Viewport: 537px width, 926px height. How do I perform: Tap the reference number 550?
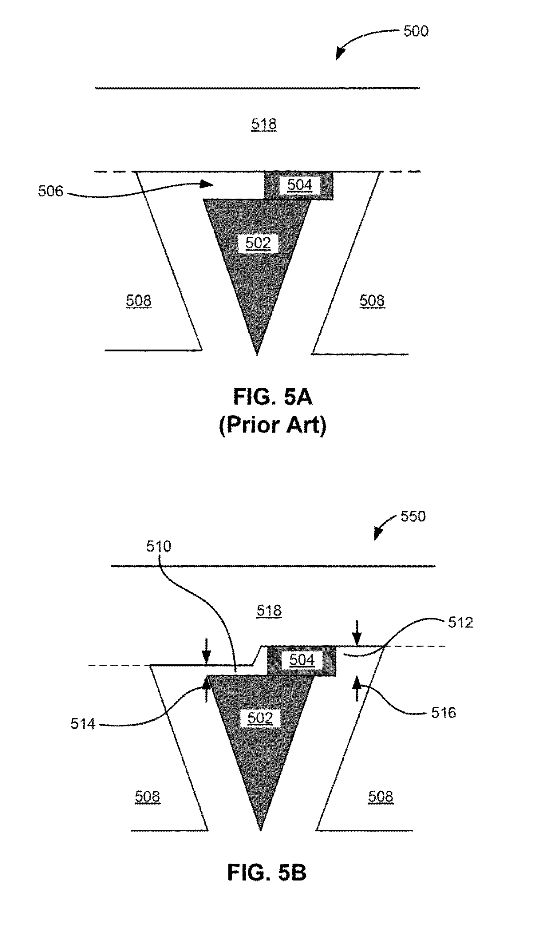[413, 516]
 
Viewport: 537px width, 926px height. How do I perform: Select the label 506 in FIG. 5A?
[51, 192]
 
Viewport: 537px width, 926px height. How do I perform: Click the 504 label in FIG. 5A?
[299, 185]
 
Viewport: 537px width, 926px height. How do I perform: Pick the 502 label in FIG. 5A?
[258, 243]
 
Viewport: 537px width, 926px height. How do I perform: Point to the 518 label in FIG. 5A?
[264, 124]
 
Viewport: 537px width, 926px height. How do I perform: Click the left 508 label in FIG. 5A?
[138, 301]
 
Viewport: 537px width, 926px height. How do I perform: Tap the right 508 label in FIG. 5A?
[372, 301]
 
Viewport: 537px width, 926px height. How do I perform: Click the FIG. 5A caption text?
[273, 397]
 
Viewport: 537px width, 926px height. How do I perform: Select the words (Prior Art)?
[273, 425]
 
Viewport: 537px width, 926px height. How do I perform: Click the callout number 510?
[159, 546]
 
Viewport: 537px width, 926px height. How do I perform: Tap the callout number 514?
[83, 724]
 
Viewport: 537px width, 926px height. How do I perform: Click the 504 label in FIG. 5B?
[302, 660]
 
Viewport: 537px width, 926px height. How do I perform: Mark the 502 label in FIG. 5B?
[260, 718]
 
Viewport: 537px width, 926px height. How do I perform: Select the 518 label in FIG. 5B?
[269, 611]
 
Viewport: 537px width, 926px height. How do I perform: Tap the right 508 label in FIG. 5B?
[381, 797]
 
